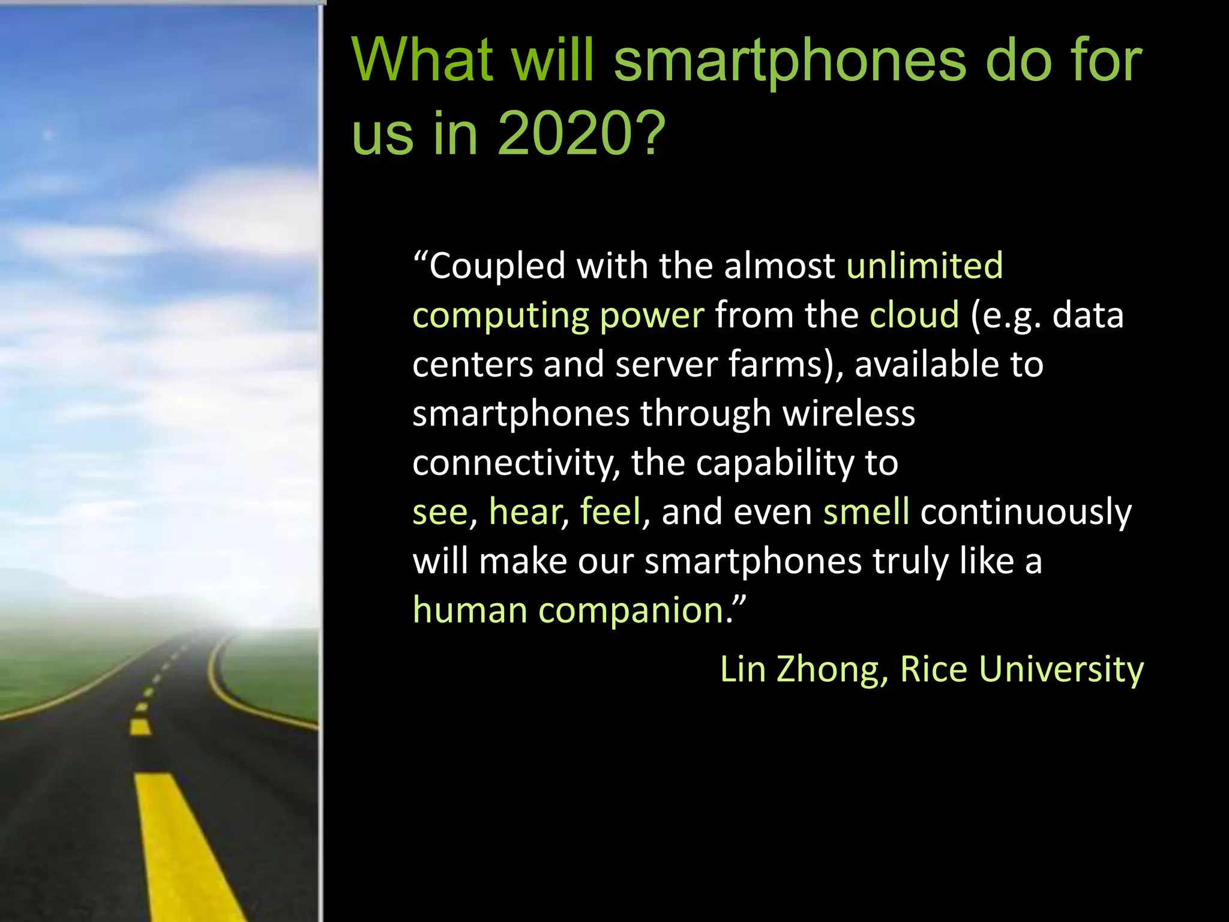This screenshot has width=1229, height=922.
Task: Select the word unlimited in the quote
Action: (x=924, y=265)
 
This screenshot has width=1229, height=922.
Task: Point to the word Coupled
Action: (x=497, y=267)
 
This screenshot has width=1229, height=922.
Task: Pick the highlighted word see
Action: (x=440, y=512)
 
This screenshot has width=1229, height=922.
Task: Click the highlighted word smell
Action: (x=866, y=512)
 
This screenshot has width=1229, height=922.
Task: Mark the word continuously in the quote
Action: (x=1026, y=512)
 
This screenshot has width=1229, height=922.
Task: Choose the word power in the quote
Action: (x=652, y=316)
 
